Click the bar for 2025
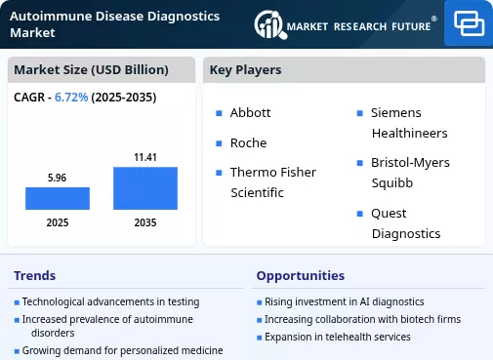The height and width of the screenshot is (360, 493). (58, 198)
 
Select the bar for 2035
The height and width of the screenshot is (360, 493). (145, 188)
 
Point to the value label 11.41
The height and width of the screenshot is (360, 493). (145, 157)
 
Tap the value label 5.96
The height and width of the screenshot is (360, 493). (57, 178)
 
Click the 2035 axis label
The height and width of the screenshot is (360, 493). (145, 222)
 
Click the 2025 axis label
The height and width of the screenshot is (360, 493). (58, 222)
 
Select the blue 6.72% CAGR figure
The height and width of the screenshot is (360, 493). (71, 98)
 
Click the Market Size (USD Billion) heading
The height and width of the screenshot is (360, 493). (91, 70)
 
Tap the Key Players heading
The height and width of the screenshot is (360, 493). (245, 70)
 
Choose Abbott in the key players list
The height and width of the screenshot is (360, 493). (250, 113)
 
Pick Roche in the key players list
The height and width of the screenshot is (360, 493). (248, 143)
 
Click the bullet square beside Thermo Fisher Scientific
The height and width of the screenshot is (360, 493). (219, 173)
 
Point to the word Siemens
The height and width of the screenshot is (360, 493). (396, 113)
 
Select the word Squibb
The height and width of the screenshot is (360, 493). (392, 183)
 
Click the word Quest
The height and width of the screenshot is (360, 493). (389, 214)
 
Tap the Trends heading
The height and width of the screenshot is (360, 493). (35, 275)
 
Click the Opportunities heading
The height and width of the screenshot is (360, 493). (301, 276)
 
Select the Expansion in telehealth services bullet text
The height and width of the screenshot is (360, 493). (338, 337)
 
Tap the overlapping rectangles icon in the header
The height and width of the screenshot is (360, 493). (469, 23)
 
